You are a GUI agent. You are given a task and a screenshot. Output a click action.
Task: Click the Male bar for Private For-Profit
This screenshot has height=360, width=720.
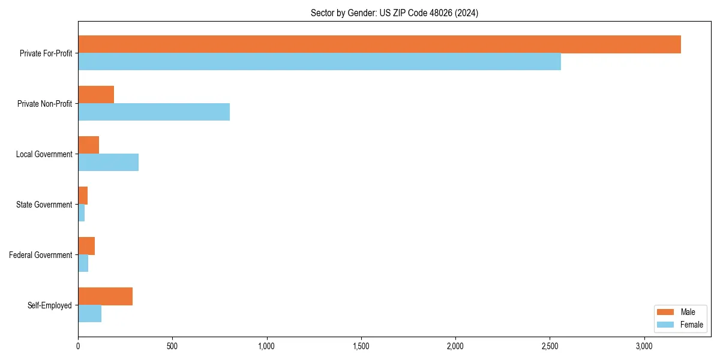(x=379, y=44)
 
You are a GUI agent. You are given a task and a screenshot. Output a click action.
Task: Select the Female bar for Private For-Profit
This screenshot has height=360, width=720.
(x=319, y=62)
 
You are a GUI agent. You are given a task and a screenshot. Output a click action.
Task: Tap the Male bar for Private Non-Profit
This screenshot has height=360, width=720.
(x=96, y=95)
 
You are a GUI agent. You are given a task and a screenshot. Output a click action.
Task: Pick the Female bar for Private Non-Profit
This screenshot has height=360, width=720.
(x=154, y=112)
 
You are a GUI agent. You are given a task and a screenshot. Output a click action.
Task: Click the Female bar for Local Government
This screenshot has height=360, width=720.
(x=108, y=163)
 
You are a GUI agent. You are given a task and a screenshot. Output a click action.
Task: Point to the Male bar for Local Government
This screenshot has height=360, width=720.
(x=88, y=145)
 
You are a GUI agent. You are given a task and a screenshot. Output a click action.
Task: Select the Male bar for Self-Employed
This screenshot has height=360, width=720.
(x=105, y=296)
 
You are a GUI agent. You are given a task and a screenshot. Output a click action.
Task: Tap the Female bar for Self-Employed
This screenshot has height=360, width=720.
(x=89, y=314)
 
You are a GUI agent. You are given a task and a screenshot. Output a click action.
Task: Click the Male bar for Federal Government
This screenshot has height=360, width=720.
(x=86, y=246)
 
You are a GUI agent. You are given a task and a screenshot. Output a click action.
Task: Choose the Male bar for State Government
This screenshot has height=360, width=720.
(x=83, y=196)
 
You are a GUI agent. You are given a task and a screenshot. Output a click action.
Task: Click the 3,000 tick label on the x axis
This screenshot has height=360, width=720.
(x=644, y=346)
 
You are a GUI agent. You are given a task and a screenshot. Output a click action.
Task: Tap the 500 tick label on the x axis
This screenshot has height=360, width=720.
(x=172, y=346)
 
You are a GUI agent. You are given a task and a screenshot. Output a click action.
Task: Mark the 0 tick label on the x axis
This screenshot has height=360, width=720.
(x=78, y=346)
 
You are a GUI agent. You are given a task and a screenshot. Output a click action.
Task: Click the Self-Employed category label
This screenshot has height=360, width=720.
(x=50, y=305)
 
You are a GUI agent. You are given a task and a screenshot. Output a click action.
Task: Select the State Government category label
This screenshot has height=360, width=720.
(x=44, y=205)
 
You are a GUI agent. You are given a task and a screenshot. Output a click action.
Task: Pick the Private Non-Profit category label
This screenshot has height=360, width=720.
(x=44, y=104)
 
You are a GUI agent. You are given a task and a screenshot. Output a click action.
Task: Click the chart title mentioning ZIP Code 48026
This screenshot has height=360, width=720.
(x=394, y=13)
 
